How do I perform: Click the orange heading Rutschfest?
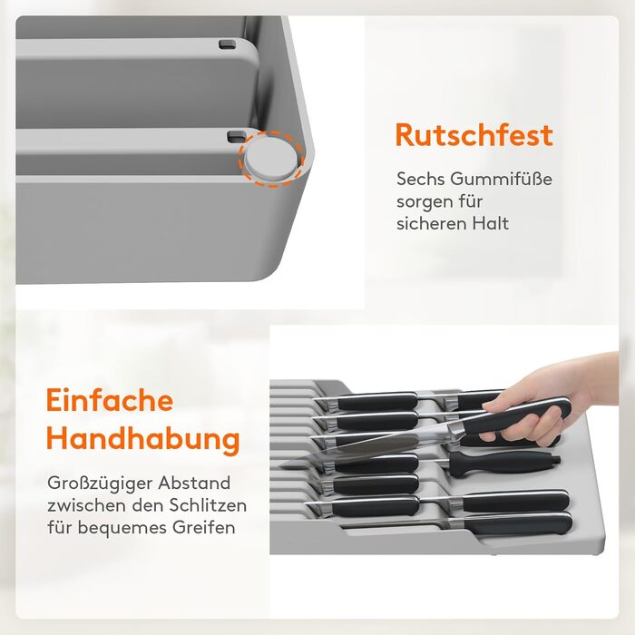click(474, 135)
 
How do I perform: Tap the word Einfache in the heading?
click(110, 400)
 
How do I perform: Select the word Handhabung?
click(143, 439)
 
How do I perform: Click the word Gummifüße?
click(502, 179)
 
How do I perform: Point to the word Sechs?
click(420, 179)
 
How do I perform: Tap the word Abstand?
click(194, 483)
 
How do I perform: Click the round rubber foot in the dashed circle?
click(271, 158)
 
